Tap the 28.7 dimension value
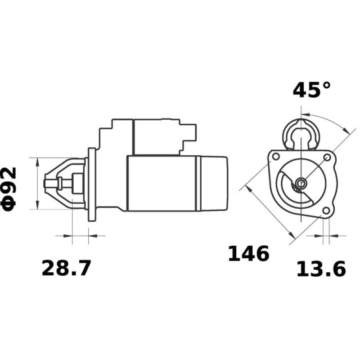pos(66,269)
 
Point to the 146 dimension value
pos(248,254)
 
